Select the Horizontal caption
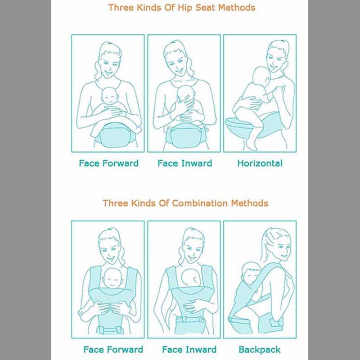[260, 163]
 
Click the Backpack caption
[260, 349]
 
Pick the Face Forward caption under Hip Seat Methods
[108, 163]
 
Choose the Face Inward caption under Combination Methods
[189, 349]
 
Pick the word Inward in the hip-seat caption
[197, 163]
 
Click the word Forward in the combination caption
[126, 349]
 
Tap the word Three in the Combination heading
[115, 203]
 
